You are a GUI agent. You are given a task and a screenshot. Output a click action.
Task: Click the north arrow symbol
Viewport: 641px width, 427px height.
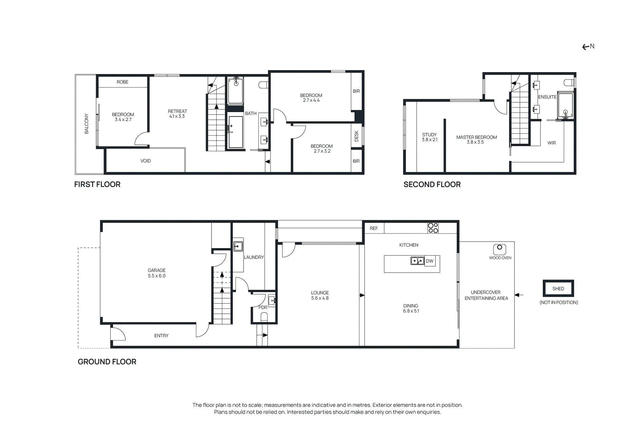(x=588, y=46)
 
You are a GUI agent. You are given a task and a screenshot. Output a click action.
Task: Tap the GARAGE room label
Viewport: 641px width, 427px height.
(x=157, y=270)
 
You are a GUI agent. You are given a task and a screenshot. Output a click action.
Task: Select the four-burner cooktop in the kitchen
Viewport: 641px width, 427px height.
(x=433, y=228)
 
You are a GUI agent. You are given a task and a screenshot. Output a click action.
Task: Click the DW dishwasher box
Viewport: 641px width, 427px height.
(x=429, y=261)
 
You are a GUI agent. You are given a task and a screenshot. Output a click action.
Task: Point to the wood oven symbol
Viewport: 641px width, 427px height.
(x=500, y=249)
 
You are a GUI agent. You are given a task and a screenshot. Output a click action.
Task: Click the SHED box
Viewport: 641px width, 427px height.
(x=558, y=289)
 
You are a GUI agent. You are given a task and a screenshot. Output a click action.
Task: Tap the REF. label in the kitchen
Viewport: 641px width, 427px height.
(x=374, y=229)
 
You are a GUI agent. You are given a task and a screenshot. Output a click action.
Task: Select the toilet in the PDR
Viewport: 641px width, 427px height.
(x=264, y=317)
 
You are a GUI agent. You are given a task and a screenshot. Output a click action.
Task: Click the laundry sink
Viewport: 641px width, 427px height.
(x=238, y=246)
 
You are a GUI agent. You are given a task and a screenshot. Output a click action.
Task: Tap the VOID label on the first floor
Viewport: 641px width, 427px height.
(x=145, y=161)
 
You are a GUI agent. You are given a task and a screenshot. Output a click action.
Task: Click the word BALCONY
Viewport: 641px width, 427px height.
(x=87, y=124)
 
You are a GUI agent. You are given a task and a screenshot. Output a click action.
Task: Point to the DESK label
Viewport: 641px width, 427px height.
(x=356, y=136)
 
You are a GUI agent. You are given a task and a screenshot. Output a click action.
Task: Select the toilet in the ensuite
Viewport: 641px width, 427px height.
(x=569, y=82)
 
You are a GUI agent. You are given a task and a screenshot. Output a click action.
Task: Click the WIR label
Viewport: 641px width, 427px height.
(x=551, y=143)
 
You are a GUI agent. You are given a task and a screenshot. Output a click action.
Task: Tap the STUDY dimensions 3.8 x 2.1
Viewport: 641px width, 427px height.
(x=429, y=140)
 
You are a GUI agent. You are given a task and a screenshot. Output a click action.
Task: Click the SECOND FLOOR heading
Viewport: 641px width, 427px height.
(x=432, y=184)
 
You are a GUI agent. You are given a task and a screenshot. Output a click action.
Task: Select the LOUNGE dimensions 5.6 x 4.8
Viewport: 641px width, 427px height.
(x=320, y=298)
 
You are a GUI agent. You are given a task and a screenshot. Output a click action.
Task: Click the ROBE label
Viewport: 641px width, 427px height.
(x=123, y=82)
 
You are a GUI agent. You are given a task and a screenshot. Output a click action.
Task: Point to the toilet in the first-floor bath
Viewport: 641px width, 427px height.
(x=263, y=85)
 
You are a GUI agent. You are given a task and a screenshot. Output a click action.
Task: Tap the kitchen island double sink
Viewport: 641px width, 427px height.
(x=417, y=261)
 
